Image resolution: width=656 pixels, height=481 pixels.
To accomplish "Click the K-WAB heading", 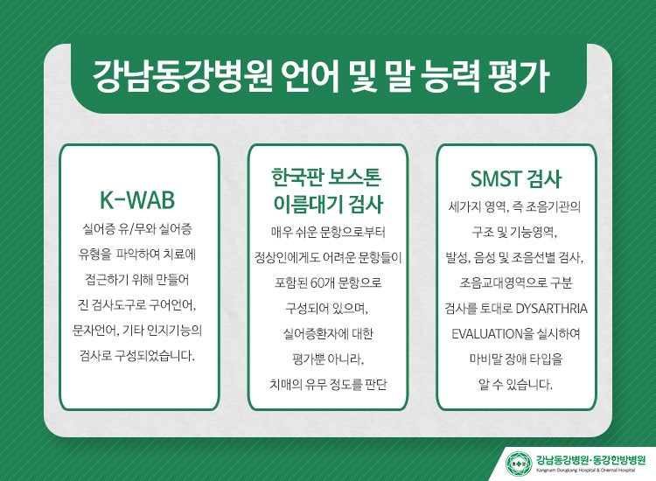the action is [137, 199].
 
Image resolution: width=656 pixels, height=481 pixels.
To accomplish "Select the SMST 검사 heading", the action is [515, 178].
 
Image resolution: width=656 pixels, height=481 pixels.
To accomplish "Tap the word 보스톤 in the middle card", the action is [354, 177].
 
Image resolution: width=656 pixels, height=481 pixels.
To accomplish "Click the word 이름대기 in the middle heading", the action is [308, 204].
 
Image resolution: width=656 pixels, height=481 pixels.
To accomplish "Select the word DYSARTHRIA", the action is [552, 308].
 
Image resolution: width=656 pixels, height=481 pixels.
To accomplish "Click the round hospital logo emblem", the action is [519, 463].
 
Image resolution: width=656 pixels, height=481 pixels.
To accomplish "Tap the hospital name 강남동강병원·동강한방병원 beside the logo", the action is [590, 460].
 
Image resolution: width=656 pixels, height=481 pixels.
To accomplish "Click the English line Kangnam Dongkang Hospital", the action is [586, 471].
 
